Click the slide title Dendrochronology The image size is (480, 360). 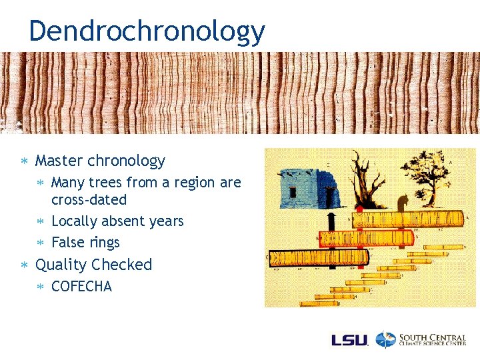coord(147,31)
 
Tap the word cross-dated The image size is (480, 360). coord(89,200)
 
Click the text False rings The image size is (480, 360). coord(85,243)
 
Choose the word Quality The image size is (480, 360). coord(61,265)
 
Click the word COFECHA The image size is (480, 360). coord(81,287)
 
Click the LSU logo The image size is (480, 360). coord(349,339)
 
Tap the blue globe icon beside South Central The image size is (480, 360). coord(385,339)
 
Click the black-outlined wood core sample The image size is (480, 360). coord(320,257)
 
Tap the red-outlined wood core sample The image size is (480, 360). coord(367,238)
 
